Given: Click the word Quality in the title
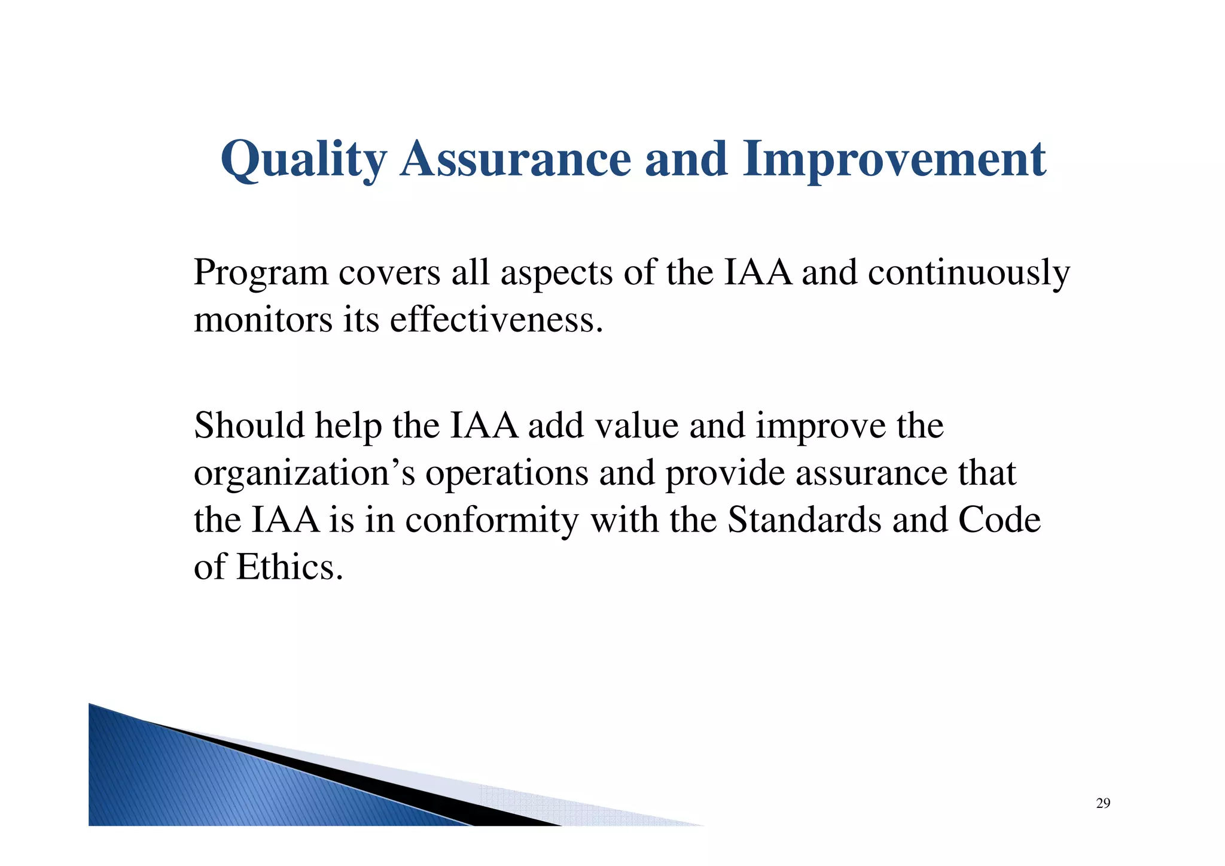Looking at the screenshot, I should [304, 160].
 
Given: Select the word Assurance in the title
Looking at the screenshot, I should [516, 160].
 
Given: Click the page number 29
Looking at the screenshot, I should [1103, 804].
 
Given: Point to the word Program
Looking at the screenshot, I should [261, 274].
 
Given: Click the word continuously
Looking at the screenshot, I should [968, 274].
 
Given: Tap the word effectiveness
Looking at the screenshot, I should [496, 320].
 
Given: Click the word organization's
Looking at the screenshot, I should [304, 473].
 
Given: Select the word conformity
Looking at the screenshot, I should [492, 520].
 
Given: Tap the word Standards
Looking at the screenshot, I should [805, 520].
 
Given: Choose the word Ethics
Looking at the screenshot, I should [290, 567].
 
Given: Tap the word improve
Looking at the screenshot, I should [820, 426].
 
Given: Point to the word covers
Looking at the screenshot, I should [389, 274].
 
